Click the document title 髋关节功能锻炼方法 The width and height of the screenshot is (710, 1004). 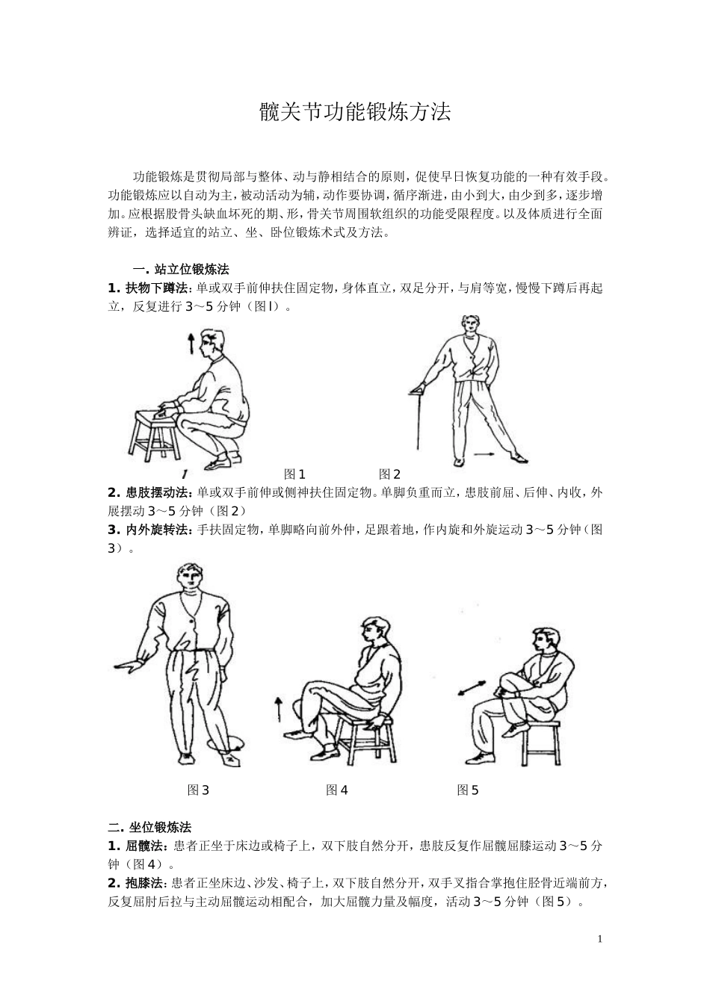click(355, 112)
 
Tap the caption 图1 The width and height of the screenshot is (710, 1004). click(295, 474)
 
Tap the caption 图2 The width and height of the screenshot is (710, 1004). click(389, 474)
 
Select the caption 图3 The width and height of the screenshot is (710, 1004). click(198, 790)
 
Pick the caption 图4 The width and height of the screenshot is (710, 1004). click(337, 790)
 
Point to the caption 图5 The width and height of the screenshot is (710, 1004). click(468, 790)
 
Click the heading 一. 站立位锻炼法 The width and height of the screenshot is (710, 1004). click(181, 269)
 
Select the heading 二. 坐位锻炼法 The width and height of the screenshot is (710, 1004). click(149, 827)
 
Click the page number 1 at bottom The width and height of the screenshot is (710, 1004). click(599, 938)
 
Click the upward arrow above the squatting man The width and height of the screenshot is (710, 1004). click(191, 344)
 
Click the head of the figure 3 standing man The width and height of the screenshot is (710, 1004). click(189, 580)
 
